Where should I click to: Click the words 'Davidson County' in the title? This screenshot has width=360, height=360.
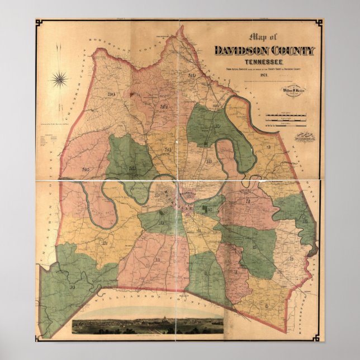pyautogui.click(x=264, y=51)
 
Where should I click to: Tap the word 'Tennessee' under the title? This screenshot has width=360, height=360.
pyautogui.click(x=264, y=61)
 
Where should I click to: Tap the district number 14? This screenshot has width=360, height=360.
pyautogui.click(x=72, y=286)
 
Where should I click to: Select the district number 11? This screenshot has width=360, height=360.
pyautogui.click(x=158, y=260)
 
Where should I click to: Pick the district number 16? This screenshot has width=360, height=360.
pyautogui.click(x=305, y=221)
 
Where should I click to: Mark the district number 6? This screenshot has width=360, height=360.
pyautogui.click(x=267, y=306)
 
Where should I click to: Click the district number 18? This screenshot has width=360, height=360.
pyautogui.click(x=209, y=162)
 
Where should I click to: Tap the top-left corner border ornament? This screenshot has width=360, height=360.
pyautogui.click(x=39, y=23)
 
